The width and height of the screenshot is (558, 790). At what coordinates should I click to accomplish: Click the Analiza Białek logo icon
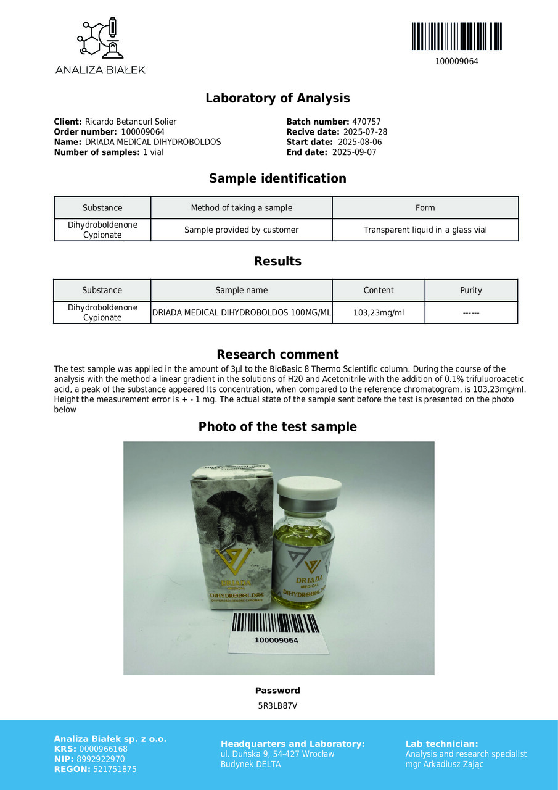coord(100,38)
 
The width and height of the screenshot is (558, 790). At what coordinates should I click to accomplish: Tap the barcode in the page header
coord(456,36)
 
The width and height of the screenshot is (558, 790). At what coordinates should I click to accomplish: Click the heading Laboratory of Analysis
coord(277,98)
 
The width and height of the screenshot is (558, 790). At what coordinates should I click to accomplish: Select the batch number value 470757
coord(366,122)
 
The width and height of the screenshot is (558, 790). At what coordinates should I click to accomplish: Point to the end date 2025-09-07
coord(354,152)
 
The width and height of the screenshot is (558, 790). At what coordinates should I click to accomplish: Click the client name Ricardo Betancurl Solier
coord(130,122)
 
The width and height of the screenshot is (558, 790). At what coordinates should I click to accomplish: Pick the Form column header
coord(425,208)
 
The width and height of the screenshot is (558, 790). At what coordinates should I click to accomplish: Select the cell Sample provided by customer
coord(241,230)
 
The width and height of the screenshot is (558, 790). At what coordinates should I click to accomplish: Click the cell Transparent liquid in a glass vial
coord(425,230)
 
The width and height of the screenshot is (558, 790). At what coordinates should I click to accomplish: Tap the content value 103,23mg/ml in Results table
coord(378,312)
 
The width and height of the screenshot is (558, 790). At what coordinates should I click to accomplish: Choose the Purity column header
coord(471,290)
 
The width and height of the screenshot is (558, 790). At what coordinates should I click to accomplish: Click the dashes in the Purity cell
coord(471,313)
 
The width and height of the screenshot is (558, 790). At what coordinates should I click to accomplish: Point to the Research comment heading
coord(277,354)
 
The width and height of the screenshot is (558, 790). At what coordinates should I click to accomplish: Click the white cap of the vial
coord(309,490)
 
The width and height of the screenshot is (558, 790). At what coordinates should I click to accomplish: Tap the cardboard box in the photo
coord(231,537)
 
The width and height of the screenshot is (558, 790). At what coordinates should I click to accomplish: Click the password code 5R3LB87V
coord(277,705)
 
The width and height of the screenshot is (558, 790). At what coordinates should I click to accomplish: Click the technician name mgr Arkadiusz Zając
coord(445,764)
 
